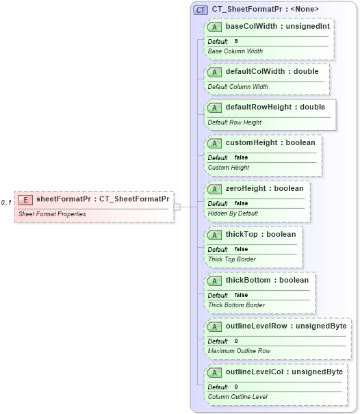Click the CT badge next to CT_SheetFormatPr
pyautogui.click(x=201, y=10)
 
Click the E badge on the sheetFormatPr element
pyautogui.click(x=25, y=200)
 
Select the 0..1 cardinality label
pyautogui.click(x=6, y=203)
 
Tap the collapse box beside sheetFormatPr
pyautogui.click(x=177, y=206)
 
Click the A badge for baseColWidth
pyautogui.click(x=215, y=27)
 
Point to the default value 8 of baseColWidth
pyautogui.click(x=236, y=41)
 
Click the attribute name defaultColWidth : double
pyautogui.click(x=272, y=71)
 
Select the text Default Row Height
pyautogui.click(x=235, y=122)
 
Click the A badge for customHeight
pyautogui.click(x=215, y=143)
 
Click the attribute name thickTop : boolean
pyautogui.click(x=261, y=234)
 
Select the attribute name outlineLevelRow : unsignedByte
pyautogui.click(x=285, y=326)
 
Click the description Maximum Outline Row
pyautogui.click(x=239, y=351)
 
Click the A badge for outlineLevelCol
pyautogui.click(x=215, y=372)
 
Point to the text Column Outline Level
pyautogui.click(x=237, y=397)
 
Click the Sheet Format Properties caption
pyautogui.click(x=52, y=214)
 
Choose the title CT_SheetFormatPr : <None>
pyautogui.click(x=265, y=10)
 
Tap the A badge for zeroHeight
pyautogui.click(x=215, y=188)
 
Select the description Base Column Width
pyautogui.click(x=235, y=51)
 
